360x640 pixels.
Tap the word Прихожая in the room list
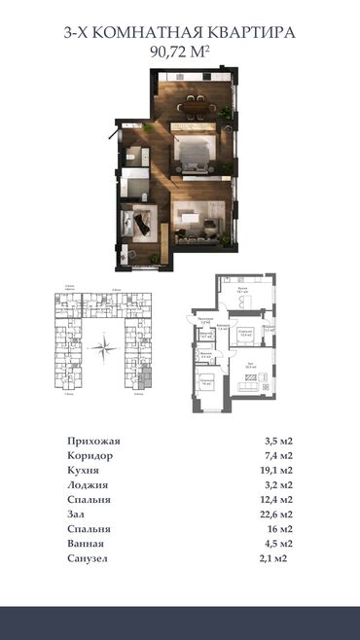tap(94, 441)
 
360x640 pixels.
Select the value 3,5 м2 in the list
tap(279, 441)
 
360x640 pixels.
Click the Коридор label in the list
tap(91, 455)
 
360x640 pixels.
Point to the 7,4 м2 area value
tap(279, 455)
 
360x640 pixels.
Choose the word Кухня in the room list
tap(86, 470)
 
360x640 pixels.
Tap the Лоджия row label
tap(89, 484)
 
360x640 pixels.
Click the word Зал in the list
tap(79, 515)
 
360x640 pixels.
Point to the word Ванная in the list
tap(89, 544)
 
